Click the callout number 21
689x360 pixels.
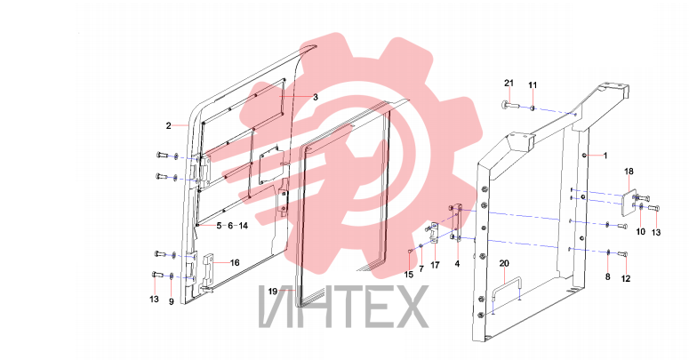coord(509,83)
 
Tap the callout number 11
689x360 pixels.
coord(533,84)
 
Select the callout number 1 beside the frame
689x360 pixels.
coord(605,156)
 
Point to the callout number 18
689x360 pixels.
coord(629,172)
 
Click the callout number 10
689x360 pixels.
coord(641,232)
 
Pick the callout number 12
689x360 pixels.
coord(626,279)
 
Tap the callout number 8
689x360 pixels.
coord(608,277)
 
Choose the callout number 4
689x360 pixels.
coord(458,264)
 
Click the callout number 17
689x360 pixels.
coord(435,266)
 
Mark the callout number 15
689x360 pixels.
coord(409,275)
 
